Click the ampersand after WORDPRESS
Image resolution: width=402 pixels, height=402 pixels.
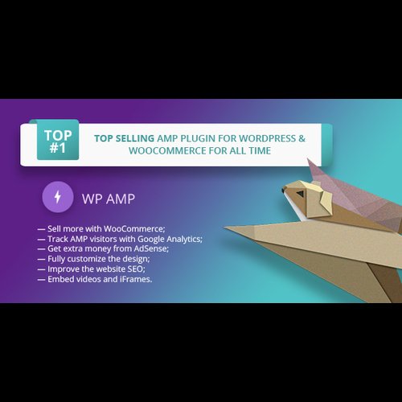[x=302, y=137]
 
